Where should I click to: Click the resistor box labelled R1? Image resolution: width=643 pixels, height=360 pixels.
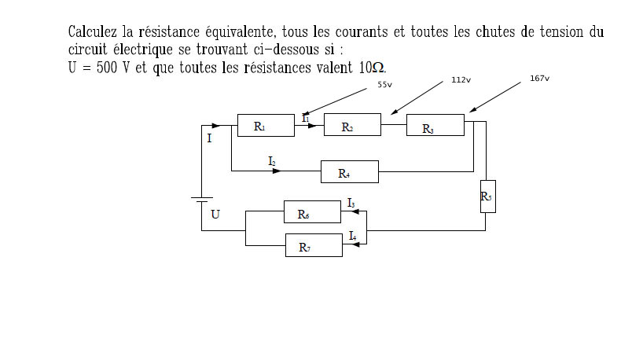click(x=266, y=125)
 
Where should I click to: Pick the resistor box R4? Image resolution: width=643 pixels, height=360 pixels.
click(x=349, y=172)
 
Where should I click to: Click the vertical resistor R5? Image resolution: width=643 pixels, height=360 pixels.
click(x=487, y=196)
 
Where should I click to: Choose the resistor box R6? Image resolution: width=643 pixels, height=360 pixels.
click(x=312, y=212)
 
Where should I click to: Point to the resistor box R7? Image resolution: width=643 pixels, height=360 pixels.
click(x=313, y=246)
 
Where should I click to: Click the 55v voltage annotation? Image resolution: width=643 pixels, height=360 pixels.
click(x=384, y=84)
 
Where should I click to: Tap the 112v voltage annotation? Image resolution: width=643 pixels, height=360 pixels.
click(x=461, y=80)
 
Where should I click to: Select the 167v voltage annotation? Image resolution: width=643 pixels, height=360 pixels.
click(x=539, y=79)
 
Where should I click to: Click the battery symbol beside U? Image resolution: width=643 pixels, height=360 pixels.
click(x=202, y=200)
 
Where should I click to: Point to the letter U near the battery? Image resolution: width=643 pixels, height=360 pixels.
click(x=215, y=214)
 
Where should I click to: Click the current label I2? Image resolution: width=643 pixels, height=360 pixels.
click(x=272, y=161)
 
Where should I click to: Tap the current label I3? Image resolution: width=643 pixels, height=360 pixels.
click(x=351, y=204)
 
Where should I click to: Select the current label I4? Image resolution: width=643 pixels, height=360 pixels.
click(x=352, y=236)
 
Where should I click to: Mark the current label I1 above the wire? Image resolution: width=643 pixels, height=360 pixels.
click(x=305, y=118)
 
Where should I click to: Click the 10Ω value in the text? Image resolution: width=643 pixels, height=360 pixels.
click(x=372, y=68)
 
